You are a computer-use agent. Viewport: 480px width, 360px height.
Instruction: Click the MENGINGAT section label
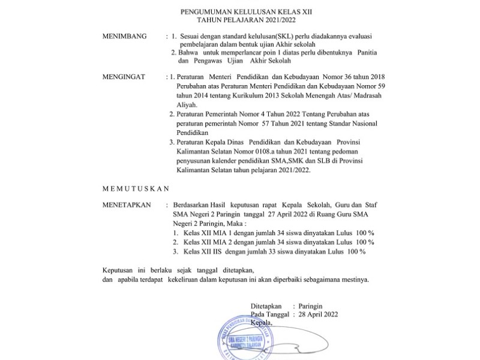pyautogui.click(x=125, y=77)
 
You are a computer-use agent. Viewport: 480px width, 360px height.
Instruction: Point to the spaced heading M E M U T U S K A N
pyautogui.click(x=136, y=187)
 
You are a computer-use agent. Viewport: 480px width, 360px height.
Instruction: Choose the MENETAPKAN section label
pyautogui.click(x=127, y=205)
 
